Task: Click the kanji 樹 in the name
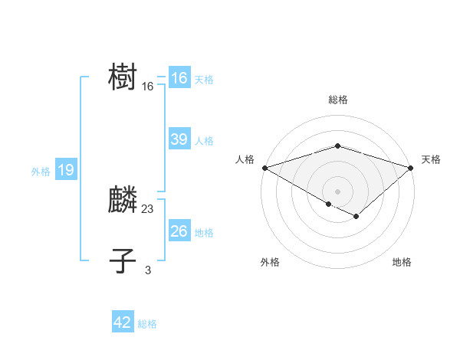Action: point(123,78)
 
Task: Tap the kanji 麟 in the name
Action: point(123,200)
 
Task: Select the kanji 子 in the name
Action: point(123,261)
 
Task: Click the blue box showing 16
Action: point(179,78)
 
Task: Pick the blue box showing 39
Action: point(179,139)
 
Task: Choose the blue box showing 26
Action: point(179,231)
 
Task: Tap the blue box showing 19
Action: point(66,170)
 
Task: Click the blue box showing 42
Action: point(123,322)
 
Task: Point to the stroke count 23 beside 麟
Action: point(148,209)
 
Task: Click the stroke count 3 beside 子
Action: point(148,270)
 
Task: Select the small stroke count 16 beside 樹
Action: point(148,87)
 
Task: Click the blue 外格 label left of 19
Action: point(41,172)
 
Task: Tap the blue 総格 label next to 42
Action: point(147,324)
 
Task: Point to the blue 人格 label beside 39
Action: point(204,141)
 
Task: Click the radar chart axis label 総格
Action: point(338,100)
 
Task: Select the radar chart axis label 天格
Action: point(431,159)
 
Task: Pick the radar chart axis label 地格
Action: point(402,262)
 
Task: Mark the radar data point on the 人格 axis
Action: point(264,167)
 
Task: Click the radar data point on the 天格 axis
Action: point(411,167)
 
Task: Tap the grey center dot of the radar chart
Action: point(338,191)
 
